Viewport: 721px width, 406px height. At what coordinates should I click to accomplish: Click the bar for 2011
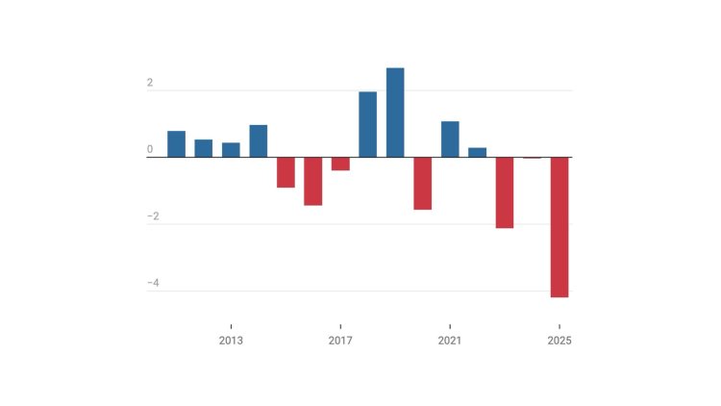176,144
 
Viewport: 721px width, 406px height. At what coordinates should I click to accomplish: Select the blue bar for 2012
204,148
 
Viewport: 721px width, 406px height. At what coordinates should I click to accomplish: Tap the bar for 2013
231,150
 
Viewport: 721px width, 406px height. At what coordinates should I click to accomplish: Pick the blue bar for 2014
259,141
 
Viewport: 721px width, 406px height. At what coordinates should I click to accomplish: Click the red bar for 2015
286,172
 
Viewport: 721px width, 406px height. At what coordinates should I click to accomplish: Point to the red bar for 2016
313,181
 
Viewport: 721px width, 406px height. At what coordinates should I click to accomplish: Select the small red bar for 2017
340,164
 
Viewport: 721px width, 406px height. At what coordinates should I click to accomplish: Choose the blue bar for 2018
367,124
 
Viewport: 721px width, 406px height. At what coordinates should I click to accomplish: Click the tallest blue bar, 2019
395,113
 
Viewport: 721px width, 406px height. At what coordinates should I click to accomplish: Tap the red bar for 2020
422,183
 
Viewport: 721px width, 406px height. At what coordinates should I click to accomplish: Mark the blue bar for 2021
450,140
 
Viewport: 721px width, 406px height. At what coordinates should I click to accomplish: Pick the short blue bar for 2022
477,152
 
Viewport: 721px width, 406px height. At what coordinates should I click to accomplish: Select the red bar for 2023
505,192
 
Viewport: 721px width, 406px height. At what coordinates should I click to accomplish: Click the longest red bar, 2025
559,227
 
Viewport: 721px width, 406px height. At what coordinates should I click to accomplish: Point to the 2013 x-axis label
231,341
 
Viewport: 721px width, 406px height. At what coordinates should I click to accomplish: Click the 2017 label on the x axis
340,341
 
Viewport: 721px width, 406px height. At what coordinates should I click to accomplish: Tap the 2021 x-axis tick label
450,341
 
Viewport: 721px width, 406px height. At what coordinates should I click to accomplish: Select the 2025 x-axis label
559,341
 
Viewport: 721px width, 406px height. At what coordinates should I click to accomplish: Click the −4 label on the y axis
153,284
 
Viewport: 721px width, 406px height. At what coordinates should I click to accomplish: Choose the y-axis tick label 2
150,84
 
